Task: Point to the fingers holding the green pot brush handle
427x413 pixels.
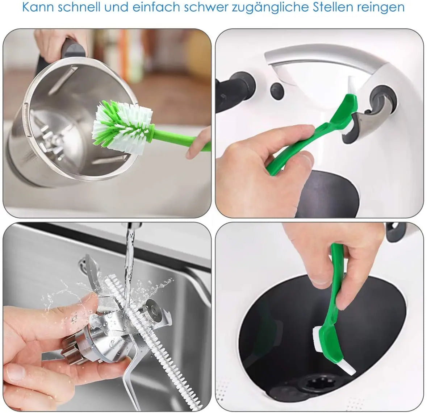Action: [197, 143]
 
